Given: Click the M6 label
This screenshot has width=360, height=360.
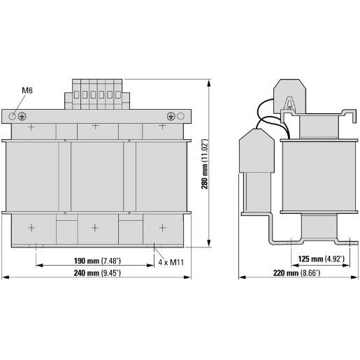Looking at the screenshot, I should (x=27, y=90).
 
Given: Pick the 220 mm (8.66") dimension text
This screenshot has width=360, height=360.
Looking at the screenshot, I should (x=296, y=272).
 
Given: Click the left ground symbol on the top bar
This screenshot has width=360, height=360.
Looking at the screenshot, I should (x=23, y=115).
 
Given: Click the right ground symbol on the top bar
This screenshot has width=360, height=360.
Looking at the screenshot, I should (x=171, y=115).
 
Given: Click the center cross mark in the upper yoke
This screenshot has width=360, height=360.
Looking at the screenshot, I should (x=96, y=127).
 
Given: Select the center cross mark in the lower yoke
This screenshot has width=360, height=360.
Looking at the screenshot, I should (x=96, y=227).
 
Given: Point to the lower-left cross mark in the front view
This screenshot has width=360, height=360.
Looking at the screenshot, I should (x=31, y=227).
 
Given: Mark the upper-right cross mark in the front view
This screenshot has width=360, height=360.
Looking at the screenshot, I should (x=162, y=127).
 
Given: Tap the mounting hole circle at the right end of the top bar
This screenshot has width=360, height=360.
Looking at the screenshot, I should (x=180, y=115).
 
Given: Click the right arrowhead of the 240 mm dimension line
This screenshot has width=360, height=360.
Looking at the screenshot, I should (x=189, y=278).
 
